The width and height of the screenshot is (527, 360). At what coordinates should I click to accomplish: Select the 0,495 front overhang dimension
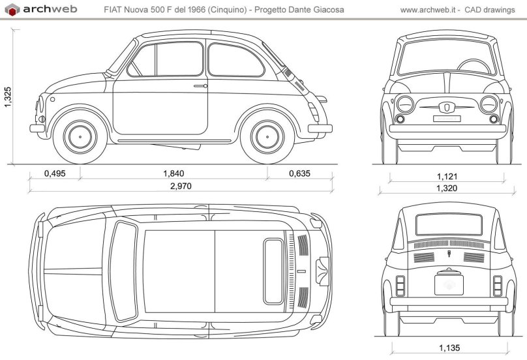pos(55,173)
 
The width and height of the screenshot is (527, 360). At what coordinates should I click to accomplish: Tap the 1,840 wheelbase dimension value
pos(173,173)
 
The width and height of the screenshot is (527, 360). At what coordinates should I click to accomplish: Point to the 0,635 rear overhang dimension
pos(298,173)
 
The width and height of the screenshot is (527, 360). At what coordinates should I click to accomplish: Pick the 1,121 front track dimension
pos(447,176)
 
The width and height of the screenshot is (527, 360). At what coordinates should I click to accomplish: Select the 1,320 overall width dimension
pos(447,188)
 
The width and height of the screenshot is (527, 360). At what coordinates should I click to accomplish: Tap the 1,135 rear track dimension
pos(449,347)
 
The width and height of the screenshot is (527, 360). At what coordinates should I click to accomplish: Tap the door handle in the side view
pos(200,85)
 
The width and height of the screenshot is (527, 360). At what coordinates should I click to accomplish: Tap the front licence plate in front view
pos(447,118)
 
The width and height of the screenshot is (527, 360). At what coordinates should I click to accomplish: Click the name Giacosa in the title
pos(328,10)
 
